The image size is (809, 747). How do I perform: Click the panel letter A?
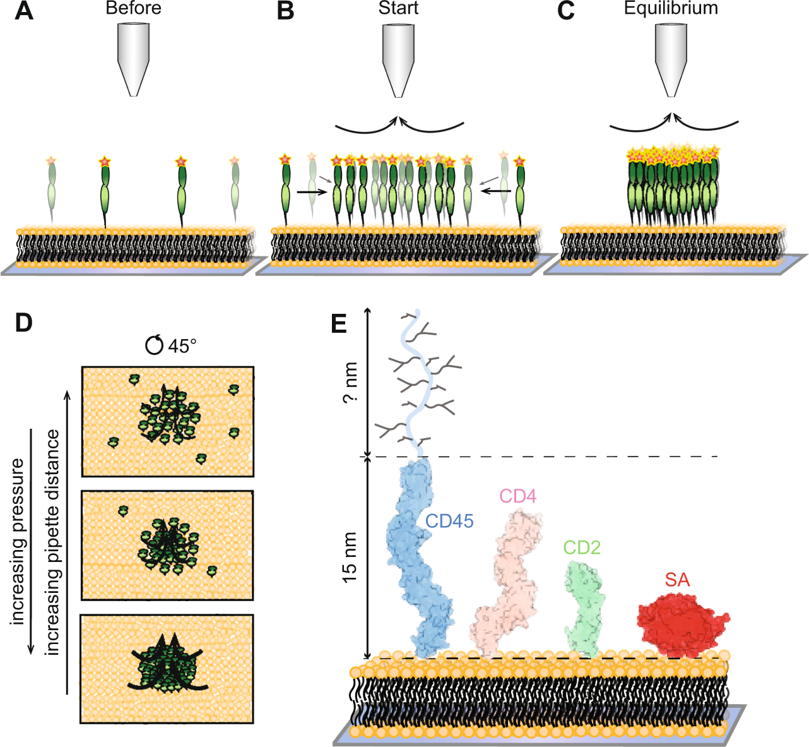point(24,11)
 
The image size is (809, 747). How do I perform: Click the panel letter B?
point(285,11)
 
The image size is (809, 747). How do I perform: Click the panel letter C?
point(566,11)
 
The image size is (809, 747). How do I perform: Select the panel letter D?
point(24,323)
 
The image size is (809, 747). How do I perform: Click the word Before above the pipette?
point(133,8)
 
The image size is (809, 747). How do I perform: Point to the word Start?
point(398,8)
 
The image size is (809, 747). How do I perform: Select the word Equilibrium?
point(671,8)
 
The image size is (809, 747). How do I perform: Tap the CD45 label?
point(449,521)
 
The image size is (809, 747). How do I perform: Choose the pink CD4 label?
point(518,496)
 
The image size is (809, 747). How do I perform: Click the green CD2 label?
point(582,547)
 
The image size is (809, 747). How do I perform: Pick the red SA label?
point(677,580)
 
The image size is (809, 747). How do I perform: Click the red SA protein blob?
point(682,625)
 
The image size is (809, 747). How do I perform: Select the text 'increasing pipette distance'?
point(53,542)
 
